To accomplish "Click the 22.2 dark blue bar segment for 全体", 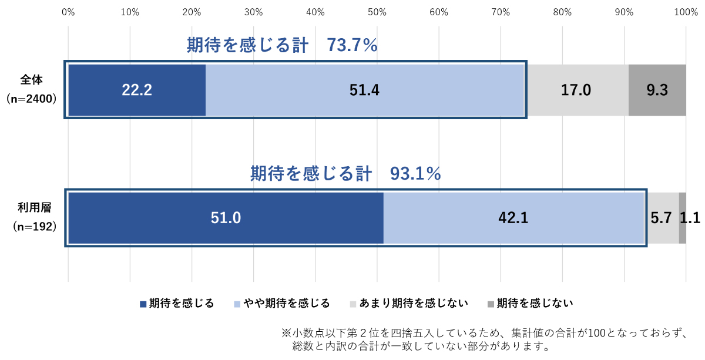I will (x=137, y=90).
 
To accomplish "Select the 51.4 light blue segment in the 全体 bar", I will (x=365, y=90).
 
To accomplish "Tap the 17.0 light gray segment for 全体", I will (x=576, y=90).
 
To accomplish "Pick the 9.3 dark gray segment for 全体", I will (x=657, y=90).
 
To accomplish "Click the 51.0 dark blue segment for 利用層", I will (x=226, y=218).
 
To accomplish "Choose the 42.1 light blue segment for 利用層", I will (x=513, y=218).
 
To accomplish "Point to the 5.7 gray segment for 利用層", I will (x=662, y=218).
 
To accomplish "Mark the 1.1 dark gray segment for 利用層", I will (x=683, y=218).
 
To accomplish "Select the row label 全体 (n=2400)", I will (x=32, y=89).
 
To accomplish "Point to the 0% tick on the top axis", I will (x=68, y=11).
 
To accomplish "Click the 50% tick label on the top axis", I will (x=377, y=11).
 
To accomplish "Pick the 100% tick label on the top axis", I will (x=685, y=11).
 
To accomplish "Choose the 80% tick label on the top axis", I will (x=562, y=11).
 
